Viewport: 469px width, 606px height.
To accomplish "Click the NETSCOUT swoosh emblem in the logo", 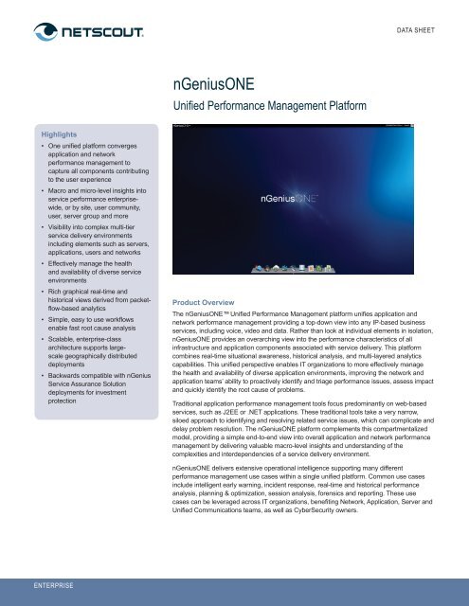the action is (39, 35).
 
